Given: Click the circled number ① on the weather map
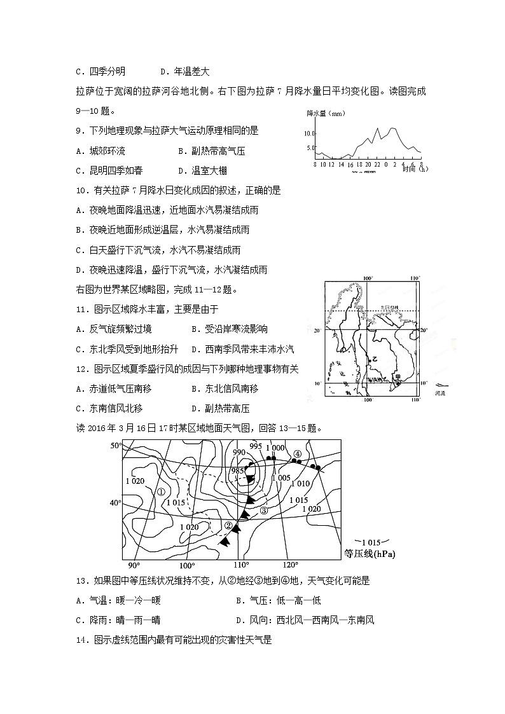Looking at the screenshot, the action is (x=162, y=491).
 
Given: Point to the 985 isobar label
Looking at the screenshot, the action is (x=237, y=470).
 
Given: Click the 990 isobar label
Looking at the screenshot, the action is (x=239, y=452).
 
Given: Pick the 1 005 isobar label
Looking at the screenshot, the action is (x=280, y=477).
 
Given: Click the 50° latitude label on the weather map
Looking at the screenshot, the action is (x=116, y=446).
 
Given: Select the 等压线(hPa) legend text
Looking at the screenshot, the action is (x=369, y=554).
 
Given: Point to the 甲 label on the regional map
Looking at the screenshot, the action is (x=398, y=377).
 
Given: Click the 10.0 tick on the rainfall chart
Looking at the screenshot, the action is (x=309, y=134).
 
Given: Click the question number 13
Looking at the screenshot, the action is (x=80, y=580).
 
